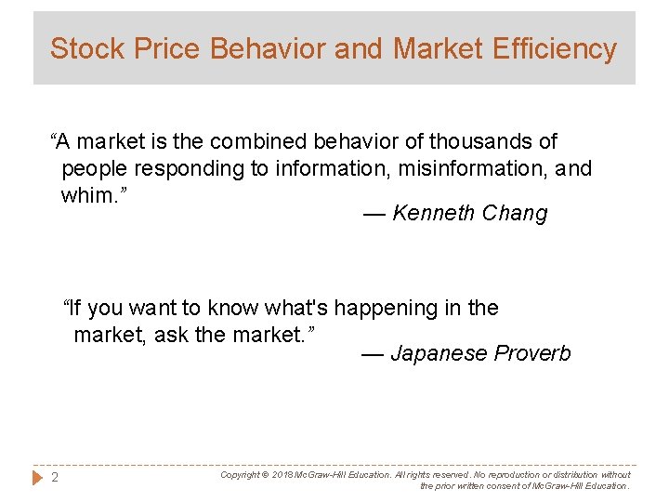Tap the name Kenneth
pyautogui.click(x=435, y=214)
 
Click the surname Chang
pyautogui.click(x=515, y=214)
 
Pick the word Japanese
pyautogui.click(x=439, y=354)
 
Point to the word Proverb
pyautogui.click(x=532, y=354)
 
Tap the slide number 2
pyautogui.click(x=55, y=479)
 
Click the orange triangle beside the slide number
pyautogui.click(x=38, y=479)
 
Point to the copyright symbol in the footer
pyautogui.click(x=264, y=475)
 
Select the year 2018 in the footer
pyautogui.click(x=282, y=475)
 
